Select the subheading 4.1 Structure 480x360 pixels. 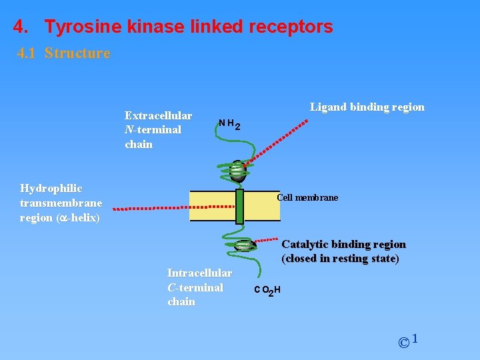click(63, 53)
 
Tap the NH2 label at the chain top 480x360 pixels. click(229, 124)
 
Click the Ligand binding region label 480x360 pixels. click(367, 107)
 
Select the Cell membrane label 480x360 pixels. click(307, 198)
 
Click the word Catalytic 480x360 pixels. click(304, 245)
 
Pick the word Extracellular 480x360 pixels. click(158, 116)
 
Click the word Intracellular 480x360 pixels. click(199, 273)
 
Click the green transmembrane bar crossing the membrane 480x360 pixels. click(240, 206)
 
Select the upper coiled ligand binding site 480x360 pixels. click(237, 171)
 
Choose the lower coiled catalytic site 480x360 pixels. click(243, 246)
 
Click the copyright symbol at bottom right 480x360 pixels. click(404, 343)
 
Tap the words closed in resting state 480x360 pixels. click(340, 259)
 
